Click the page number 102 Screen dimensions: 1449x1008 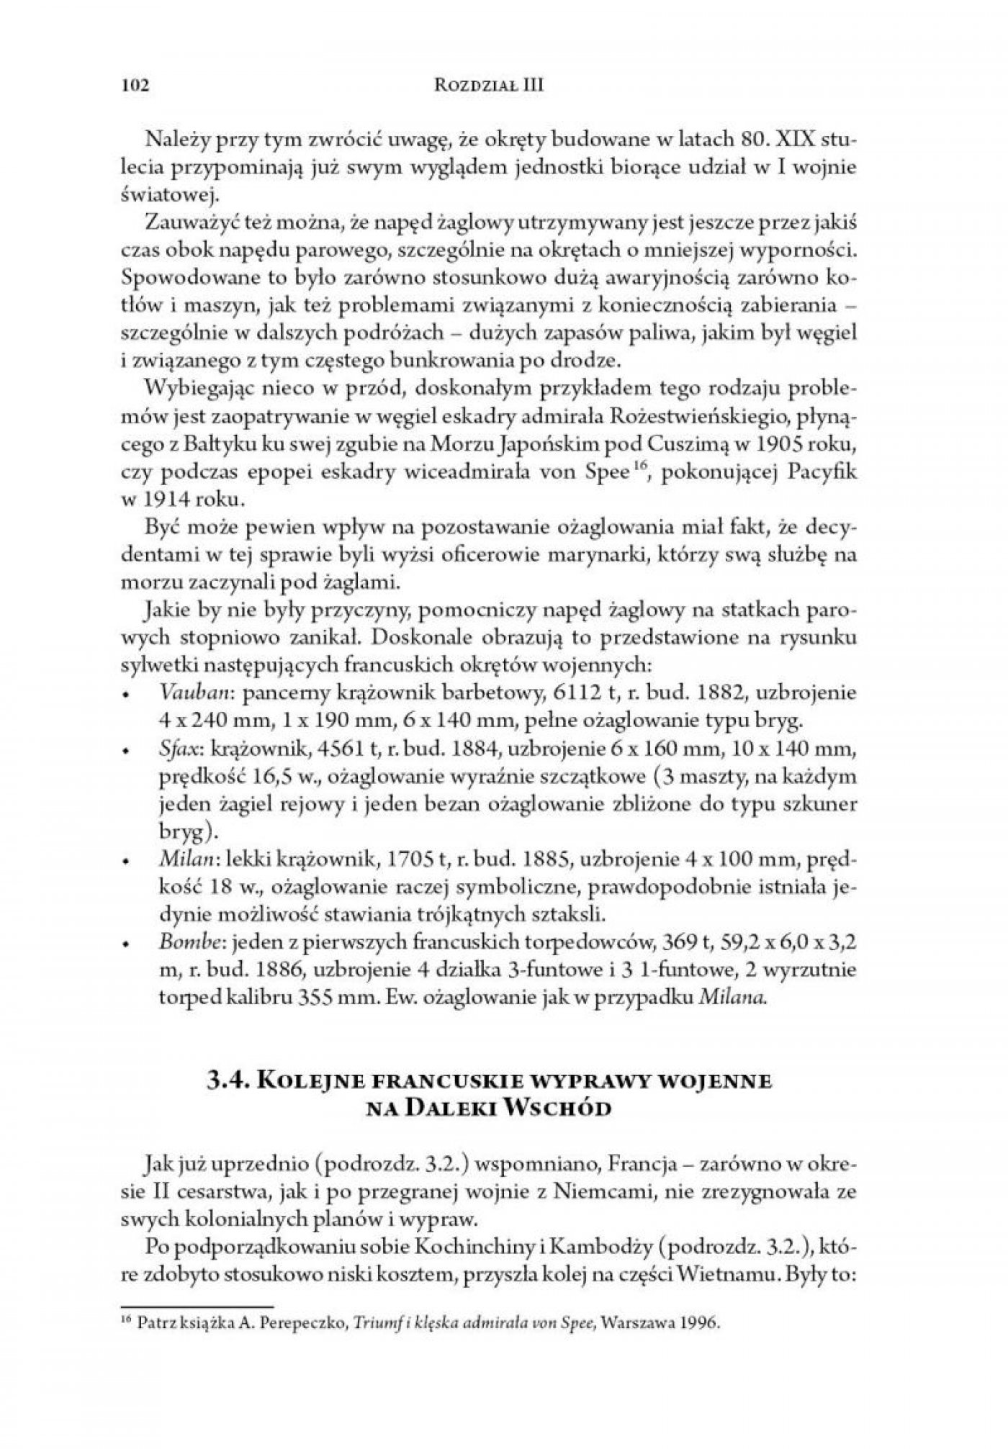point(135,86)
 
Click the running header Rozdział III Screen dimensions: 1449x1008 point(490,86)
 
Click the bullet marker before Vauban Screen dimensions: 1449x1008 point(126,696)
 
